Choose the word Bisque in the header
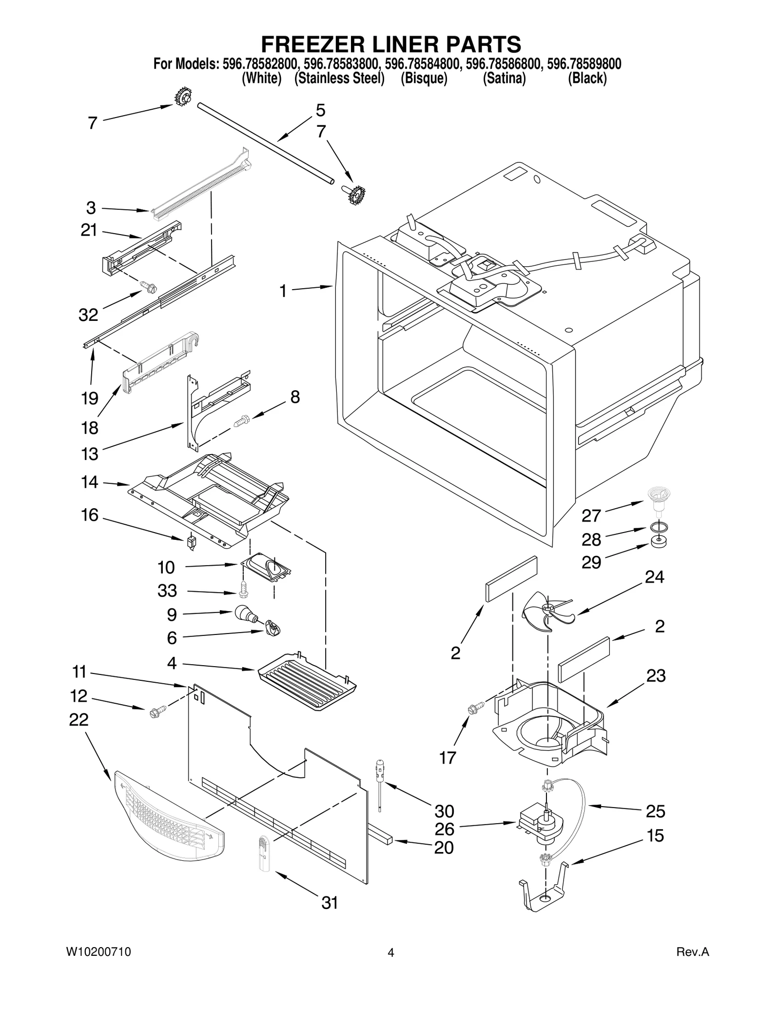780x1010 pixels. pyautogui.click(x=424, y=79)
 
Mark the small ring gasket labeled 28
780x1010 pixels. pyautogui.click(x=658, y=528)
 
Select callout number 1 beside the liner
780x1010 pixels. pyautogui.click(x=283, y=291)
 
